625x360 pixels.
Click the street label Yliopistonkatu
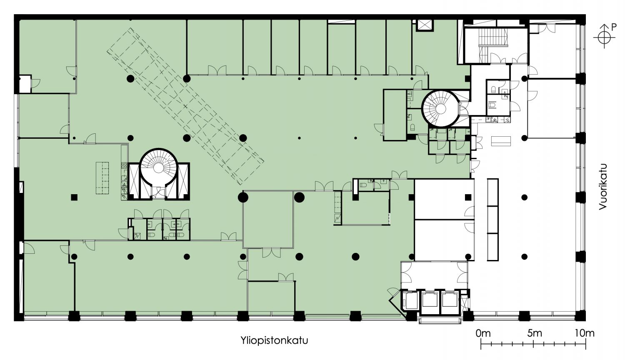pos(274,341)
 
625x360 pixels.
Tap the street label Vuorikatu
pos(602,187)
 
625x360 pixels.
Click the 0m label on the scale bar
pos(483,333)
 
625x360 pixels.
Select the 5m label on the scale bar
pos(535,333)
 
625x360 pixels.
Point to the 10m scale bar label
pos(585,333)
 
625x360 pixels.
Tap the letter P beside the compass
pos(614,27)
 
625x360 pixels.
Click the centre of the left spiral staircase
pos(158,168)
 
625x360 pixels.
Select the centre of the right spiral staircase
pos(440,108)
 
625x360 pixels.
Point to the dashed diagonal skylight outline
pos(185,106)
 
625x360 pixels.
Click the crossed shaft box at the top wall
pos(424,25)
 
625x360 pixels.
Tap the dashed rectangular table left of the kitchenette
pos(102,178)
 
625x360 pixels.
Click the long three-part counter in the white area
pos(493,220)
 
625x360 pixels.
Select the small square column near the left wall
pos(74,197)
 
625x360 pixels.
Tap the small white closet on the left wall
pos(25,84)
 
